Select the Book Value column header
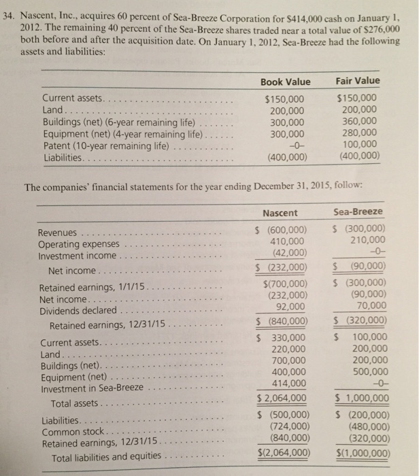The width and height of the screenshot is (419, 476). [285, 82]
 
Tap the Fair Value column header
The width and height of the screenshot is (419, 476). [358, 81]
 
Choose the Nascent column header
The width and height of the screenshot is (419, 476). [285, 213]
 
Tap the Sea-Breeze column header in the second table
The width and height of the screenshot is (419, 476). [358, 212]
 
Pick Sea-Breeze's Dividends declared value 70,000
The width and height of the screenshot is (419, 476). [367, 307]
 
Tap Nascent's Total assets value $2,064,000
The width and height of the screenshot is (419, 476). [282, 398]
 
